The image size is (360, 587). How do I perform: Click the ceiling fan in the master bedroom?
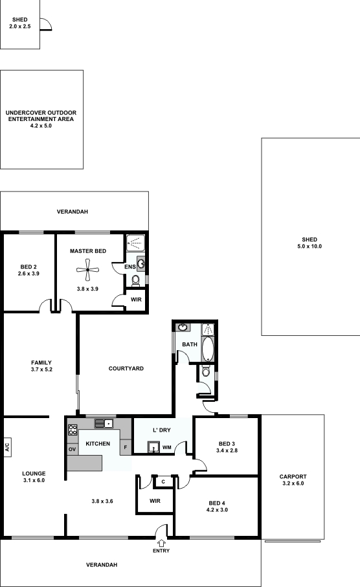click(x=87, y=269)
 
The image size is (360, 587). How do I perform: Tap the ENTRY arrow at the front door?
click(x=161, y=543)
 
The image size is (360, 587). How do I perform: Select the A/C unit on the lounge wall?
click(x=8, y=447)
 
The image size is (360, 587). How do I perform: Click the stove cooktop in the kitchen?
click(x=73, y=429)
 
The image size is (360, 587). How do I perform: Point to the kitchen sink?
click(x=104, y=423)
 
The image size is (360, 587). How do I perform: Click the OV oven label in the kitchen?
click(x=73, y=449)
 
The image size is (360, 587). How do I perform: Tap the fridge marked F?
click(x=126, y=447)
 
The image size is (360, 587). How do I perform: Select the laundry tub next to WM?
click(x=153, y=447)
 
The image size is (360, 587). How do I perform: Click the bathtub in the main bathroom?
click(x=208, y=349)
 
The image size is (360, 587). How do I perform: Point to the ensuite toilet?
click(x=135, y=280)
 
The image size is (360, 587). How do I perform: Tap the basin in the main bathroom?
click(x=183, y=327)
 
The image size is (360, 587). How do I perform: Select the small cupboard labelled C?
click(x=163, y=482)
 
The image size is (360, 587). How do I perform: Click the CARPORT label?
click(x=293, y=476)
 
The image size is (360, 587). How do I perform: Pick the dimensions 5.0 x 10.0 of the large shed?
click(x=309, y=247)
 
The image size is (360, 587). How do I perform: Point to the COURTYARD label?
click(x=126, y=368)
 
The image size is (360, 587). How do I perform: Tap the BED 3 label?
click(x=227, y=444)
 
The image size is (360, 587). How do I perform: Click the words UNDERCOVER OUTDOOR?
click(x=41, y=113)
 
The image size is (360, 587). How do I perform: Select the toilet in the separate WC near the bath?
click(x=206, y=371)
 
